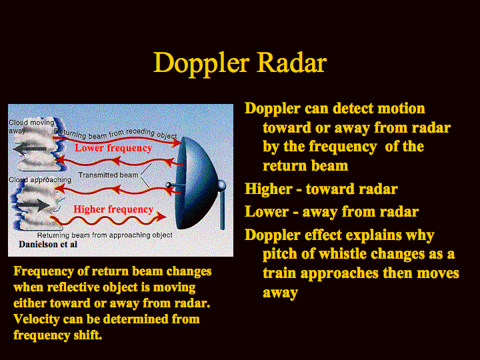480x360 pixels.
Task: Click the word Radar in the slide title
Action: pos(292,63)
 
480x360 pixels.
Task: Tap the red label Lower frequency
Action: pos(113,148)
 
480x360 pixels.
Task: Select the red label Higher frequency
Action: pos(113,209)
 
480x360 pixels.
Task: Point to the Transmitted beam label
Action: pos(109,175)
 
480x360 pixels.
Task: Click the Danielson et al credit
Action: pos(48,244)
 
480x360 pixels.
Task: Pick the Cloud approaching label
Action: pos(40,180)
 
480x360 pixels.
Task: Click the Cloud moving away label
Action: pos(31,126)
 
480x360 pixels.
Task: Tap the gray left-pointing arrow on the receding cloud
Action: pos(30,150)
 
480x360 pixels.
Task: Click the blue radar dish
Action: pos(195,183)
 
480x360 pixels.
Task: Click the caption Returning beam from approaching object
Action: pos(105,235)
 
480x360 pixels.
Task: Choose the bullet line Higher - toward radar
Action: pos(321,189)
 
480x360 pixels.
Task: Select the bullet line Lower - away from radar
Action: pos(331,212)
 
